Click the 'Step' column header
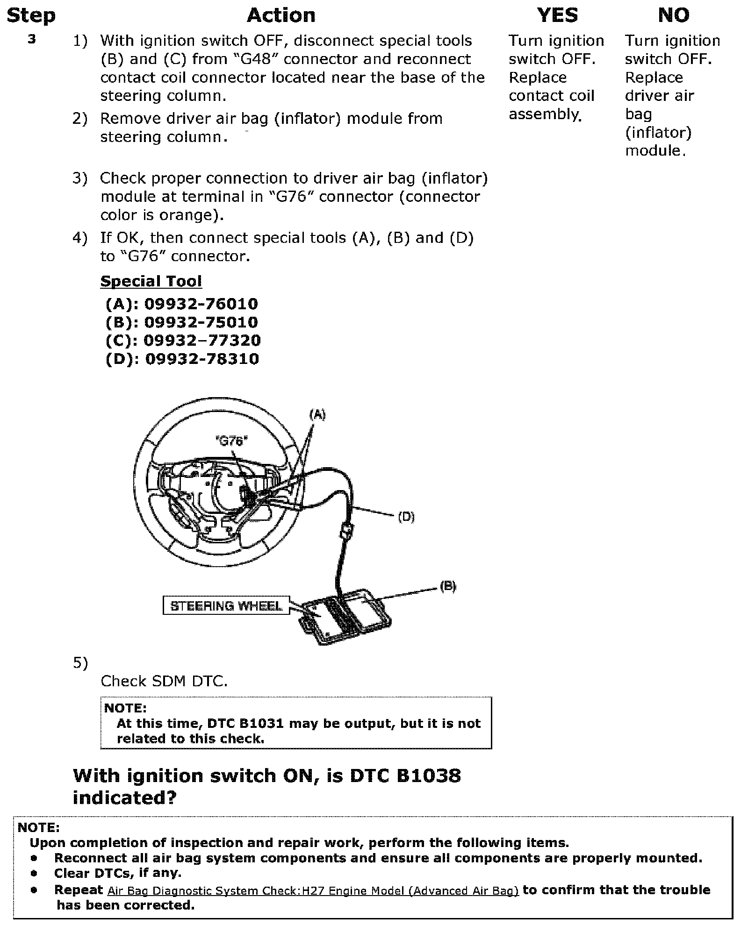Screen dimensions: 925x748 point(31,16)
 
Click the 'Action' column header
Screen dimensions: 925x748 point(281,16)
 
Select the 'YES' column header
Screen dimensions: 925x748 point(557,16)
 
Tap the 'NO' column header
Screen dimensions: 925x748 point(673,16)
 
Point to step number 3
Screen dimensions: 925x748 point(32,40)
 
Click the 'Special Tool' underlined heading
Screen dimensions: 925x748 point(151,281)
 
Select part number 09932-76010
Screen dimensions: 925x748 point(201,304)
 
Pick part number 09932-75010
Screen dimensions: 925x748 point(201,322)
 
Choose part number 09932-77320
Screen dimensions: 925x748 point(202,341)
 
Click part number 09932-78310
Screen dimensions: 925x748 point(202,359)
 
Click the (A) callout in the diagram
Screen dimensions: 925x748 point(317,414)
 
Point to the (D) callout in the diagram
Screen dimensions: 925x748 point(406,517)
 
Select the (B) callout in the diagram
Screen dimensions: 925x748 point(447,587)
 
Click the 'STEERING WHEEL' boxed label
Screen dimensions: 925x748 point(226,606)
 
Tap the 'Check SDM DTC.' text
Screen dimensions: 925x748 point(164,681)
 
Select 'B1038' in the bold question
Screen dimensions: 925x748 point(429,776)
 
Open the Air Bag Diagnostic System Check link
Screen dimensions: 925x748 point(313,891)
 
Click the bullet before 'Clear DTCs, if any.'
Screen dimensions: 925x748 point(34,873)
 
